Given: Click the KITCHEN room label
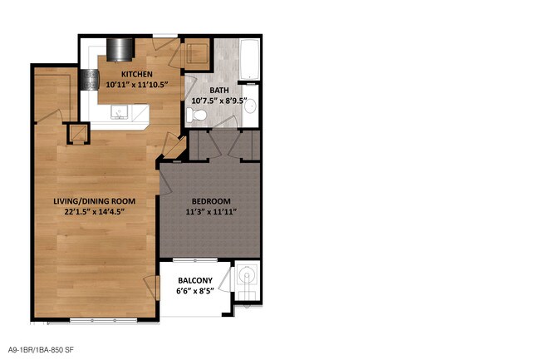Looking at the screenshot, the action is click(137, 74).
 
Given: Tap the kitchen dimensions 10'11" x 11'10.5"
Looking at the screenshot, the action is click(137, 85).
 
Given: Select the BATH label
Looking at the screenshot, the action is click(219, 91).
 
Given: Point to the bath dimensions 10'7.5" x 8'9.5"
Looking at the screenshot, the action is click(219, 101).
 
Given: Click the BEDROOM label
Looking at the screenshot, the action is click(211, 201).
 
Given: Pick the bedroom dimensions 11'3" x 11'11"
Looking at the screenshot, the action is click(211, 212).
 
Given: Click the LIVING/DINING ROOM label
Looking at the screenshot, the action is click(95, 201).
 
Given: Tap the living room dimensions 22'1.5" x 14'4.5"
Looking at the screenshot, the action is click(95, 212).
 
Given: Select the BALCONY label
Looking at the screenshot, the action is click(195, 280).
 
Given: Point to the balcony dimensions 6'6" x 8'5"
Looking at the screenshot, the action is click(195, 291).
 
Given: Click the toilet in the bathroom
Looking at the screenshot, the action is click(196, 114).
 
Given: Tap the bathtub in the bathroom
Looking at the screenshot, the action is click(249, 60).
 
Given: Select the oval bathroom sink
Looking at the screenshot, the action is click(250, 106).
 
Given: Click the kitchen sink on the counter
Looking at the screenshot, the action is click(119, 112).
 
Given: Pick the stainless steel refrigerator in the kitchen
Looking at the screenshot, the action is click(120, 50).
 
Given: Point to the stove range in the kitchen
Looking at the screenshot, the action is click(90, 80).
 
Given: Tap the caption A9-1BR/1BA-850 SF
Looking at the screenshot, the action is click(41, 350).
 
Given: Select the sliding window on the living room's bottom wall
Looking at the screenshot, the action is click(103, 321).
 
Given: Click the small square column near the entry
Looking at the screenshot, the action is click(78, 133).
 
